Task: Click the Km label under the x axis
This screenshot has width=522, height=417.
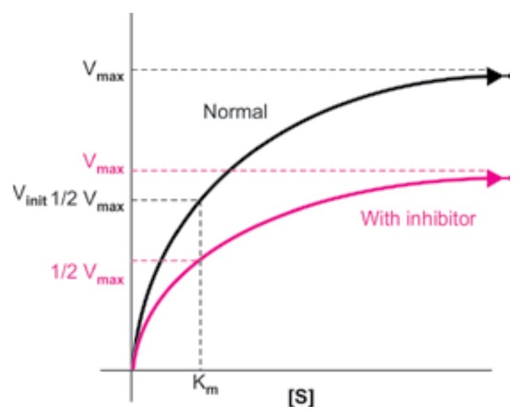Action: point(203,387)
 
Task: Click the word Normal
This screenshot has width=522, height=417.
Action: point(235,111)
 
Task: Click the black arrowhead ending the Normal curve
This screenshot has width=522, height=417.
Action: point(495,76)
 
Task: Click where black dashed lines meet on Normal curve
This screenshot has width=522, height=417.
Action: point(201,200)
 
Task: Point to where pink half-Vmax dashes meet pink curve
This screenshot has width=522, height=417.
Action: point(201,260)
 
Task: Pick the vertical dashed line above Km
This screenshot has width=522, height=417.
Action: point(201,310)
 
